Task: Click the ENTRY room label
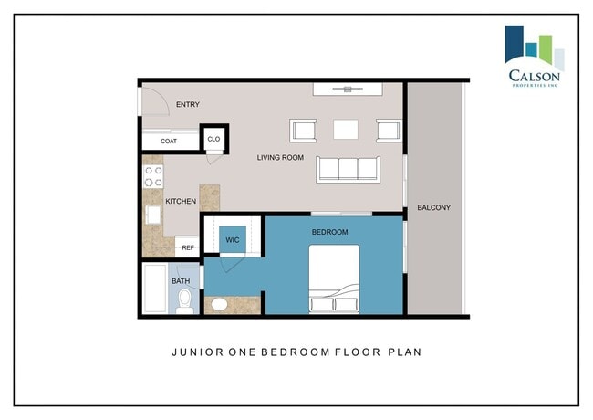(x=188, y=104)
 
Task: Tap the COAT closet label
(x=169, y=142)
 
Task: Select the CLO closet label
(x=213, y=140)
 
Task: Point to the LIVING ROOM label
(x=280, y=157)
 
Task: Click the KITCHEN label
(x=181, y=201)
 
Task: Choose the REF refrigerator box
(x=187, y=247)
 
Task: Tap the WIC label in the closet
(x=233, y=240)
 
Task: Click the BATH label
(x=181, y=281)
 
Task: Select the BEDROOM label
(x=329, y=232)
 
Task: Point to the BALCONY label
(x=433, y=208)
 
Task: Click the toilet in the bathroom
(x=185, y=301)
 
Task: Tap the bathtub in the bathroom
(x=155, y=289)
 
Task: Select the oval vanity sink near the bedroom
(x=219, y=305)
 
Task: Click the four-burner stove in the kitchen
(x=153, y=177)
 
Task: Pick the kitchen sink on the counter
(x=153, y=215)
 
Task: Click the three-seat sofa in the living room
(x=348, y=170)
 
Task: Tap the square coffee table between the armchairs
(x=346, y=130)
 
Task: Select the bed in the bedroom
(x=334, y=278)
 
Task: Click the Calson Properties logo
(x=535, y=57)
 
